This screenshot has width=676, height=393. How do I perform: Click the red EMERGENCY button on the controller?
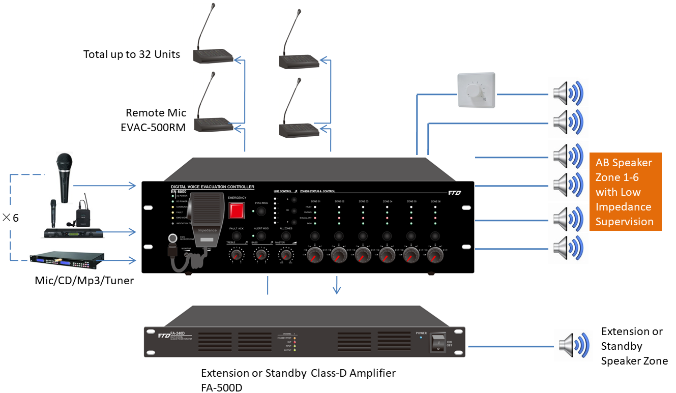click(x=236, y=210)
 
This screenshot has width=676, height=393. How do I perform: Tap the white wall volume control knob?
click(x=477, y=90)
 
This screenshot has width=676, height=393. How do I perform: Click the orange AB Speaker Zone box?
click(x=625, y=192)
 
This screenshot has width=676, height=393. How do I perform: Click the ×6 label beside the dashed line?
click(x=11, y=218)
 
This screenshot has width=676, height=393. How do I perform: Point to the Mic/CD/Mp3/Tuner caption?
click(x=84, y=280)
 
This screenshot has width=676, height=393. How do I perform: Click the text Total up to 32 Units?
click(x=132, y=54)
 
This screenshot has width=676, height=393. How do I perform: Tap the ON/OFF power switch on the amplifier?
click(x=437, y=342)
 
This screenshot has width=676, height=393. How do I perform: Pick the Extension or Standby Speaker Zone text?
click(x=634, y=346)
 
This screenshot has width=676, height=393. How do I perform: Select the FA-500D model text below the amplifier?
click(x=222, y=388)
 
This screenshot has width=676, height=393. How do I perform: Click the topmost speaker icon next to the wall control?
click(x=568, y=94)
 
